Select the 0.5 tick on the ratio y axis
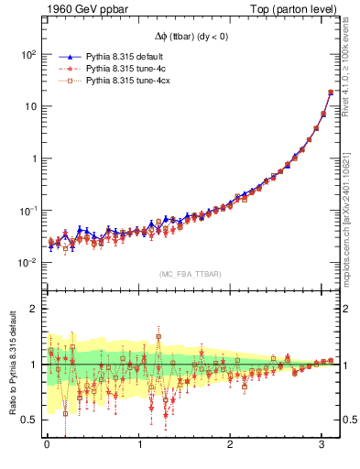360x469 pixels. click(x=29, y=420)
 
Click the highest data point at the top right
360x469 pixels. click(x=330, y=93)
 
